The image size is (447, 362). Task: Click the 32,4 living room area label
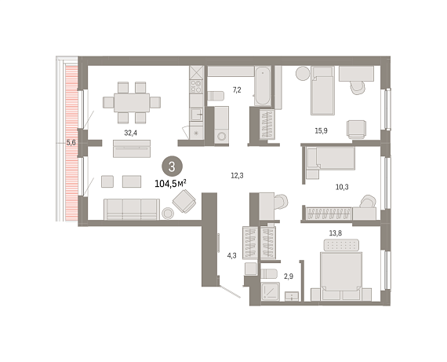(130, 133)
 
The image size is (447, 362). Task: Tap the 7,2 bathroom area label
(237, 90)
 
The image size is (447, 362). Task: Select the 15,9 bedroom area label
(321, 131)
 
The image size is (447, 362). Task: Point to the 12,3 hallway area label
(237, 176)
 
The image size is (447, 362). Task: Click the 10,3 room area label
(342, 187)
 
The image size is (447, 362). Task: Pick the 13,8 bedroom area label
(336, 233)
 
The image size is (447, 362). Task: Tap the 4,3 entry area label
(232, 256)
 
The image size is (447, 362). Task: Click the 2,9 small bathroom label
(289, 276)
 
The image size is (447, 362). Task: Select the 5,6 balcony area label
(71, 142)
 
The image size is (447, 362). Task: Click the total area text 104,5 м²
(170, 183)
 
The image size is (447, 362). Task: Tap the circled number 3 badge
(172, 166)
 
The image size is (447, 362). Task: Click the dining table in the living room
(132, 103)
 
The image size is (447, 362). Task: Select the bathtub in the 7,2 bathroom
(262, 86)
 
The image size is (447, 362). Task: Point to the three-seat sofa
(132, 209)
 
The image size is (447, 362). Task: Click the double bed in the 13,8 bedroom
(341, 276)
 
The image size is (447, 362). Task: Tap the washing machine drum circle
(221, 136)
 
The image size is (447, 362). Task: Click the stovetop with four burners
(196, 86)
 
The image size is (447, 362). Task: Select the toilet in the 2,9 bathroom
(269, 273)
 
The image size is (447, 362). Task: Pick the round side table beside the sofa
(168, 214)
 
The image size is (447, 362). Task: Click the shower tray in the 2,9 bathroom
(271, 291)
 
